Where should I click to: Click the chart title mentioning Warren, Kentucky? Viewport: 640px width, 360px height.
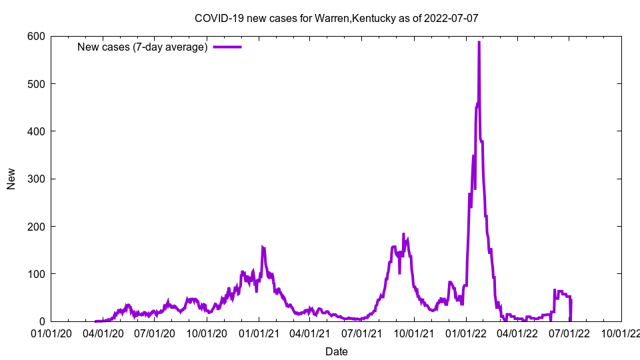click(336, 18)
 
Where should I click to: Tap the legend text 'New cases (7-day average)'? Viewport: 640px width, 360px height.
click(143, 47)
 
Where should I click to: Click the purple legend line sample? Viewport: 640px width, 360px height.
click(227, 47)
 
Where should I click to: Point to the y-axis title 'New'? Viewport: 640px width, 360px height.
click(11, 179)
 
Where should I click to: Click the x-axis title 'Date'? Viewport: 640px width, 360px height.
click(336, 351)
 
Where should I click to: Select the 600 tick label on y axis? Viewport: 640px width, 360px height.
click(36, 36)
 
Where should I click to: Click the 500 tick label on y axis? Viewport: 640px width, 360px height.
click(36, 83)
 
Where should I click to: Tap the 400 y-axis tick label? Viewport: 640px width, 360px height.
click(36, 131)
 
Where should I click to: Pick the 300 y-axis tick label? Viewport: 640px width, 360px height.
click(36, 179)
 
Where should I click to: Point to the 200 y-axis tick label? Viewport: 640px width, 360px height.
click(36, 227)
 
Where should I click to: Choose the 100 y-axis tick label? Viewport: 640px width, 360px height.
click(36, 274)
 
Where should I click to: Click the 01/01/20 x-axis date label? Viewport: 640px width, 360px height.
click(51, 333)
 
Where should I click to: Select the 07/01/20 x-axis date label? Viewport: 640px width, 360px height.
click(155, 333)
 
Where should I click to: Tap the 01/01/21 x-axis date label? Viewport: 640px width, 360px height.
click(259, 333)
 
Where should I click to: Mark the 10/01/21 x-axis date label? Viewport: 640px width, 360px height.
click(414, 333)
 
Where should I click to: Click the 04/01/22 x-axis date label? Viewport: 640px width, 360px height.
click(517, 333)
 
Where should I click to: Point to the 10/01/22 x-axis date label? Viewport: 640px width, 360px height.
click(621, 333)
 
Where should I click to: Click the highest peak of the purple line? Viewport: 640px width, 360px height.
click(479, 43)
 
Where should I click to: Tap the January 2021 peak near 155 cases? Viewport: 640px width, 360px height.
click(263, 248)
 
